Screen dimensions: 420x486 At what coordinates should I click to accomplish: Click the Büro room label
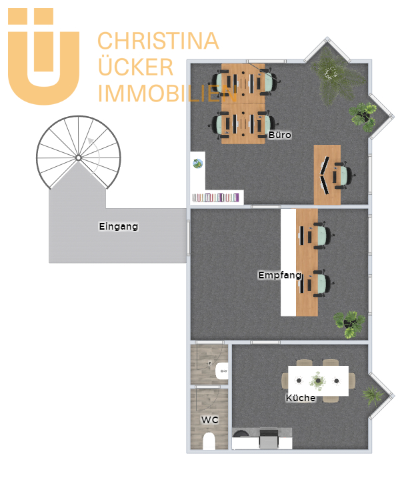(x=280, y=135)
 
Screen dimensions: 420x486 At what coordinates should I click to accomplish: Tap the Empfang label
(x=280, y=275)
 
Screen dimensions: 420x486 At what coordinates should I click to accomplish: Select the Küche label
(x=301, y=398)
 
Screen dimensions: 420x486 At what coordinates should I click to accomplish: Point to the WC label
(x=210, y=420)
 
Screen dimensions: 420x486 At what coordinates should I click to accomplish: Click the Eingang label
(x=118, y=226)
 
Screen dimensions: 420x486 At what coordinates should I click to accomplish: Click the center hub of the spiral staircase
(x=79, y=158)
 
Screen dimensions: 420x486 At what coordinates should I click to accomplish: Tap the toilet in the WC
(x=209, y=441)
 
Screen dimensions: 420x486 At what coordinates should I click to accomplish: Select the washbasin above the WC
(x=222, y=371)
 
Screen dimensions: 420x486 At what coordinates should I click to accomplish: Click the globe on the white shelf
(x=198, y=164)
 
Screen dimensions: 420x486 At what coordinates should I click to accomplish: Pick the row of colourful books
(x=216, y=198)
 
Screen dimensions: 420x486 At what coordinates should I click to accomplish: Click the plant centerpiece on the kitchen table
(x=318, y=381)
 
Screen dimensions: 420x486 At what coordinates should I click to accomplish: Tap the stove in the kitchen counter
(x=269, y=438)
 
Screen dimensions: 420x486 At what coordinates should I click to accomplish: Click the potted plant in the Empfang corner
(x=350, y=324)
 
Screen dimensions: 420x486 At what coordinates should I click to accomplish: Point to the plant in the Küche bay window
(x=373, y=395)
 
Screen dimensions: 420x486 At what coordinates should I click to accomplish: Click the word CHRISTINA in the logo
(x=158, y=41)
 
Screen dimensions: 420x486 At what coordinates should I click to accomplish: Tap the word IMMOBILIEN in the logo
(x=167, y=93)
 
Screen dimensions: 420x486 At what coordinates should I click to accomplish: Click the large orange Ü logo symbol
(x=43, y=56)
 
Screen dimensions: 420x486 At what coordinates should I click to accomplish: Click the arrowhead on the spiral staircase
(x=91, y=141)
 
